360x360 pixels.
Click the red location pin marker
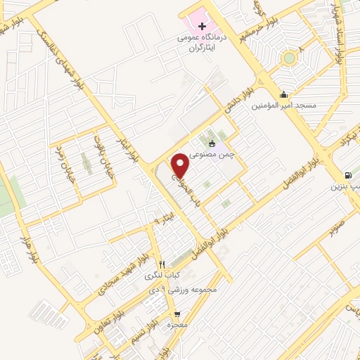click(181, 164)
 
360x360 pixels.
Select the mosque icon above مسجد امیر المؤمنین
click(284, 95)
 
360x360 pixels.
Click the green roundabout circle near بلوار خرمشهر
click(288, 58)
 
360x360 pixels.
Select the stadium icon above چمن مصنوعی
click(212, 143)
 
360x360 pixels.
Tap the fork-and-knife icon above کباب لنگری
click(162, 264)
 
